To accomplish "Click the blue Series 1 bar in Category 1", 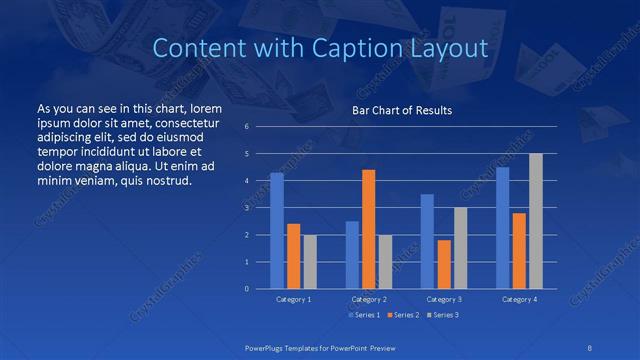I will point(277,231).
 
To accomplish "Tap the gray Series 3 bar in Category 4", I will point(536,221).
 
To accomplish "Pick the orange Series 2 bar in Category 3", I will point(444,264).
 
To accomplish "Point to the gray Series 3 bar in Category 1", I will point(310,262).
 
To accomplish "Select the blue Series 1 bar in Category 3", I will point(427,241).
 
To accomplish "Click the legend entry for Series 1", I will point(361,315).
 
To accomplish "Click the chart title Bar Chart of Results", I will point(401,109).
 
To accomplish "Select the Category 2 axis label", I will point(369,299).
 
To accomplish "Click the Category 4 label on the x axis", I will point(519,299).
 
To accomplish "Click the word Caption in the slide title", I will point(369,47).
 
